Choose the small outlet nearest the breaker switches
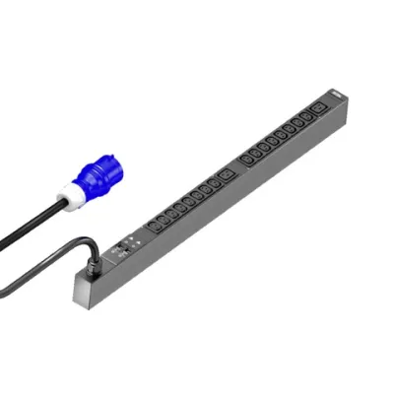pyautogui.click(x=153, y=230)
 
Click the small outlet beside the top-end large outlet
pyautogui.click(x=304, y=116)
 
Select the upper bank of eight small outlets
pyautogui.click(x=276, y=138)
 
